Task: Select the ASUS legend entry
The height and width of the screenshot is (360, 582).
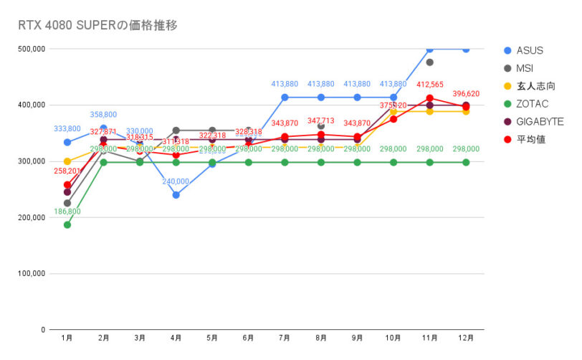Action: click(x=530, y=50)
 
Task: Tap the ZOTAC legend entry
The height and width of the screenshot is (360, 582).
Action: click(x=532, y=104)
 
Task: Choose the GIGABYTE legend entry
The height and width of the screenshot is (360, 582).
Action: click(x=539, y=122)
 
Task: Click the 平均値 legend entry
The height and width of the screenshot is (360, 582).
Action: click(x=530, y=139)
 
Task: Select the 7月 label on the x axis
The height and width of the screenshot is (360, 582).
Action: click(x=285, y=337)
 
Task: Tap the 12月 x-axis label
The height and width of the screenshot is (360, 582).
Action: click(x=466, y=337)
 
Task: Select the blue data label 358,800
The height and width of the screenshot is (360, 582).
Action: click(x=103, y=115)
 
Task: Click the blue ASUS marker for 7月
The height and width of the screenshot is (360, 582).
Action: click(x=285, y=98)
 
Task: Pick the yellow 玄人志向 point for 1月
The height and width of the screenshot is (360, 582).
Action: click(x=67, y=161)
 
